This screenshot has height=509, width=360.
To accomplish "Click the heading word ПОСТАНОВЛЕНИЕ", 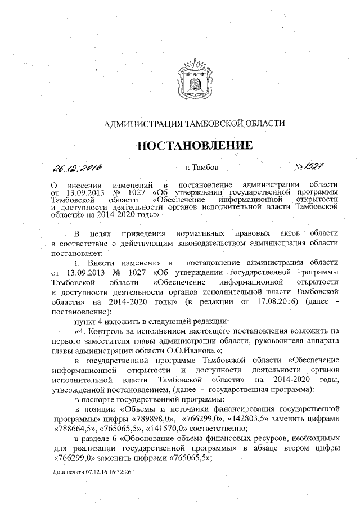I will [195, 145].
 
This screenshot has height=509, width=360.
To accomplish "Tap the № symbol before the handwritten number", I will [299, 167].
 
